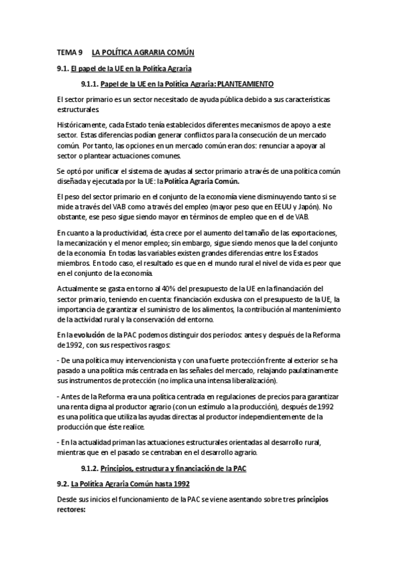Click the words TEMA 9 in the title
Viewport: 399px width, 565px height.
click(69, 52)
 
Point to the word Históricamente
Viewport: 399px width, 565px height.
click(82, 125)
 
